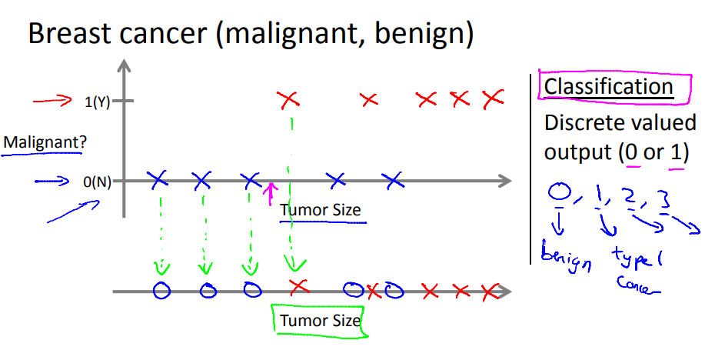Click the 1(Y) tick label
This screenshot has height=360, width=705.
[98, 101]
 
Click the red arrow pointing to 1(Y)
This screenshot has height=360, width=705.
[52, 100]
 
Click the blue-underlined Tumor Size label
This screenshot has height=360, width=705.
[321, 209]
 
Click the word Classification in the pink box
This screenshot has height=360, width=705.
[608, 87]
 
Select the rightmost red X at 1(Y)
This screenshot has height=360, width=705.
[493, 98]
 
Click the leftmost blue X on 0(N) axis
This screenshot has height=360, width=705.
[158, 181]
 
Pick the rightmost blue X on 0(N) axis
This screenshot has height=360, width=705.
[394, 182]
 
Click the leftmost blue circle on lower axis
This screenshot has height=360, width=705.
[161, 291]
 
